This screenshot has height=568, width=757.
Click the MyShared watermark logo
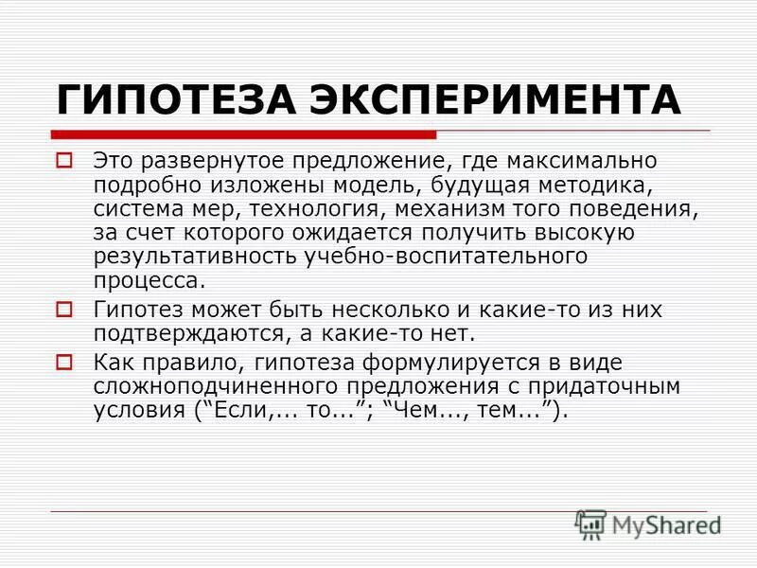(648, 523)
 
